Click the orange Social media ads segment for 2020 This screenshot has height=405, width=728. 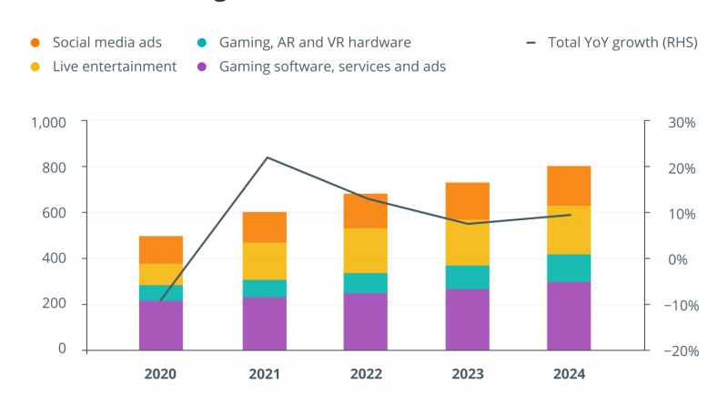click(x=161, y=249)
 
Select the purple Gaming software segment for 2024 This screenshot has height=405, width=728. click(x=569, y=315)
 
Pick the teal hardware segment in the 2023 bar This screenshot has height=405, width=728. click(x=467, y=277)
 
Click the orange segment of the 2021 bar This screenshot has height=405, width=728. click(x=265, y=227)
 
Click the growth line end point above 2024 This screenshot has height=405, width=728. click(x=570, y=215)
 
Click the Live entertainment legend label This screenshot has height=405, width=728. click(x=114, y=66)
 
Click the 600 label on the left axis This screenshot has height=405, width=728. click(x=55, y=213)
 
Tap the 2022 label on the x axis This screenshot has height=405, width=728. click(x=365, y=374)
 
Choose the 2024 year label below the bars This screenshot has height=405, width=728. click(x=569, y=374)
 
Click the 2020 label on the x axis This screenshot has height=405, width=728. click(x=161, y=374)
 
